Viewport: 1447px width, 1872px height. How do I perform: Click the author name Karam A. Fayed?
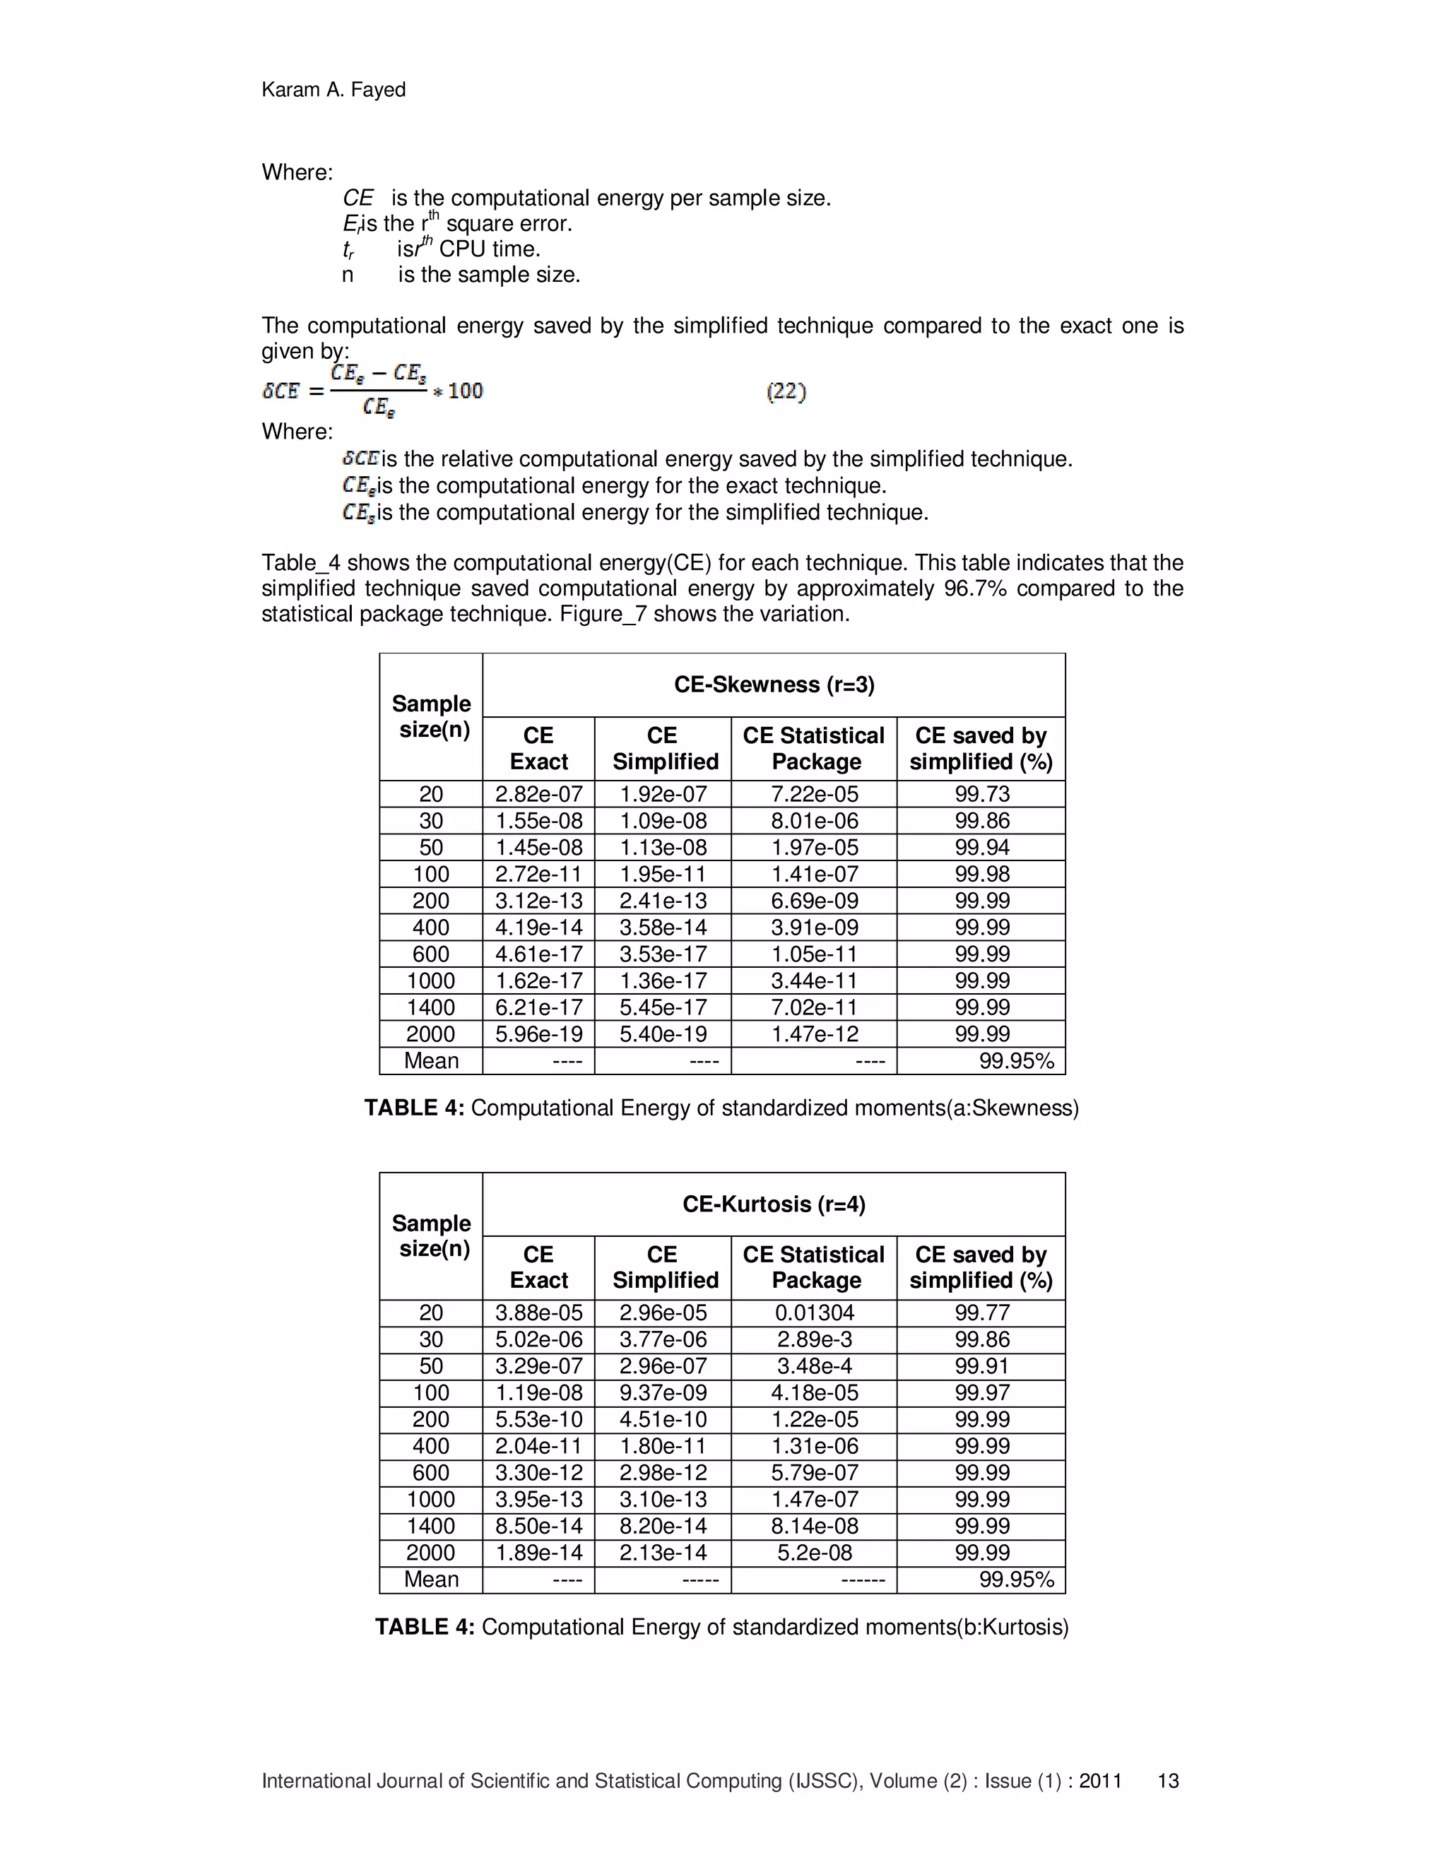(x=333, y=90)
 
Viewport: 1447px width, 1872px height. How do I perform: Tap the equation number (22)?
(x=786, y=392)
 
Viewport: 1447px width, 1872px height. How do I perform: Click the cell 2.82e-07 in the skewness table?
(x=538, y=795)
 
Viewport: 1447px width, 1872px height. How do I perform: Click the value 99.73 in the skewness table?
(x=981, y=795)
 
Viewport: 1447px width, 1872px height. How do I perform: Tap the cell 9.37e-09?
(x=663, y=1393)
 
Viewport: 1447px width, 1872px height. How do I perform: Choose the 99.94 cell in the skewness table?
(x=981, y=848)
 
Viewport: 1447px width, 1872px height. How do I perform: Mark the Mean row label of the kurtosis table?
(x=430, y=1579)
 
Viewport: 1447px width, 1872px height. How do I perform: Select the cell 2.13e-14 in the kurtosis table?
(x=663, y=1552)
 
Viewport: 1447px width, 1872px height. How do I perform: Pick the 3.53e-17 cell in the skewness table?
(x=663, y=954)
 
